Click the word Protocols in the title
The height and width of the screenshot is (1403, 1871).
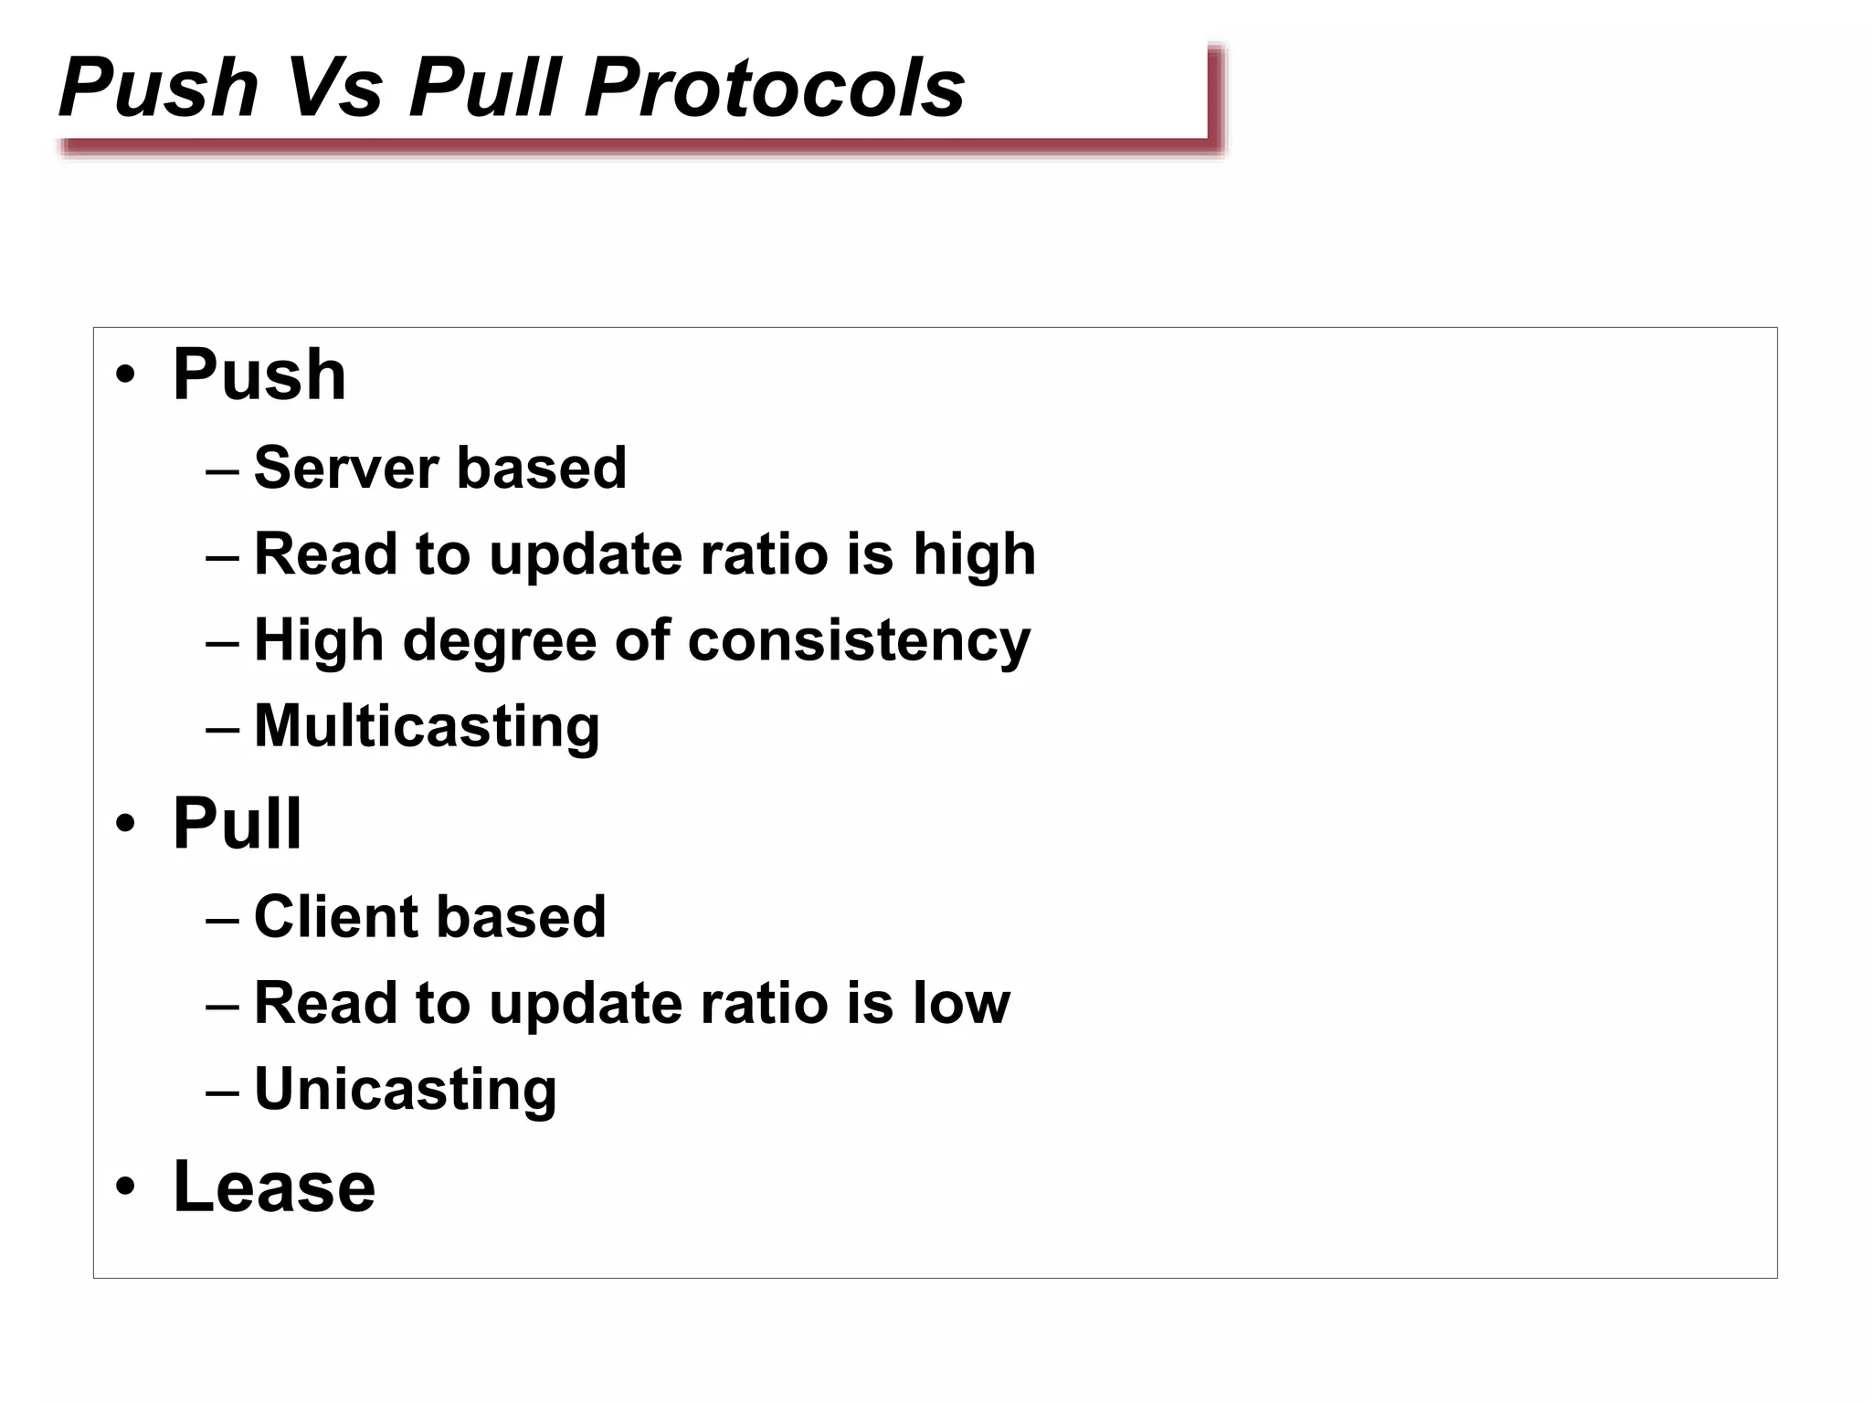[x=775, y=88]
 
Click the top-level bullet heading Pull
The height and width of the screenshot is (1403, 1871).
[x=237, y=823]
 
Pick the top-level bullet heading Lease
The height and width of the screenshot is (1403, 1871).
[x=274, y=1187]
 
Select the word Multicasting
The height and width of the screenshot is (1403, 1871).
[x=427, y=726]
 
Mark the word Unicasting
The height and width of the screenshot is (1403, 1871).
[x=405, y=1089]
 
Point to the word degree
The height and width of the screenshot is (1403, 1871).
[x=500, y=641]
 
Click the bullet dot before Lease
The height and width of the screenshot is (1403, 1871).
[x=125, y=1187]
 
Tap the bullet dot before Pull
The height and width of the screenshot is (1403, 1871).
[x=125, y=823]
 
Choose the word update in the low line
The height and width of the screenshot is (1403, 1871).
[x=585, y=1004]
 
